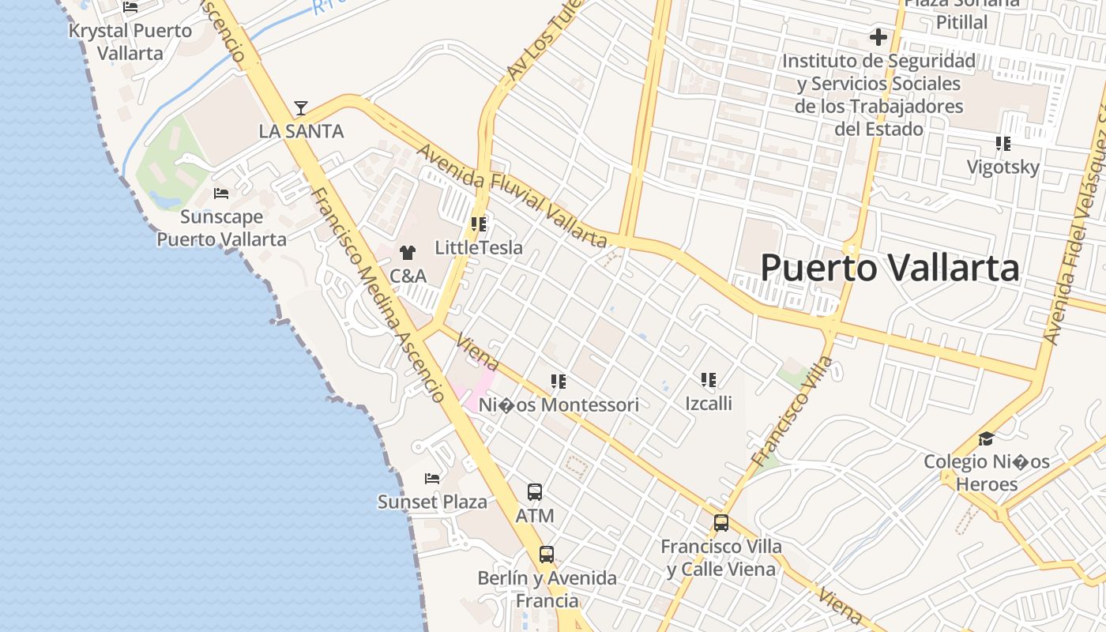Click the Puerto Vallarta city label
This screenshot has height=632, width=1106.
[x=890, y=269]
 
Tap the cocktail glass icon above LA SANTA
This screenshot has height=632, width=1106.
[x=300, y=108]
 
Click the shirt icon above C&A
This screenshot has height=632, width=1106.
[x=408, y=253]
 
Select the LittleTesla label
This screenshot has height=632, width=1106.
[x=479, y=248]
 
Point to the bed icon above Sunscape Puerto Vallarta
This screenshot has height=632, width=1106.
[x=221, y=194]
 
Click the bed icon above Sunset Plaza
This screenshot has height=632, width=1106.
[x=431, y=479]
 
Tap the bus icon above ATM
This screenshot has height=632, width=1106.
[x=535, y=492]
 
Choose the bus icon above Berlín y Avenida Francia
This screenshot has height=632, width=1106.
[x=547, y=555]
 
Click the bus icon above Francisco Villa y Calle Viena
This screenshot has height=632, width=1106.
[x=721, y=522]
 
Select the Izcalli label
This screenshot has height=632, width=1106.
[x=709, y=404]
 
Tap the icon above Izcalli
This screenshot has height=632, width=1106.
[x=709, y=381]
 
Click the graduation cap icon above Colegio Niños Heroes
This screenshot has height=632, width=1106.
[x=986, y=439]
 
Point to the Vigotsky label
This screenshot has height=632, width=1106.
[x=1003, y=167]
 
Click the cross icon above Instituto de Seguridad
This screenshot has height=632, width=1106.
[x=878, y=37]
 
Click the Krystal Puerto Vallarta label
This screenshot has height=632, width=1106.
[x=130, y=42]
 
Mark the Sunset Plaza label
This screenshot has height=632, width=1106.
[x=432, y=502]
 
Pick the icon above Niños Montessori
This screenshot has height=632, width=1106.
[x=559, y=382]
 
